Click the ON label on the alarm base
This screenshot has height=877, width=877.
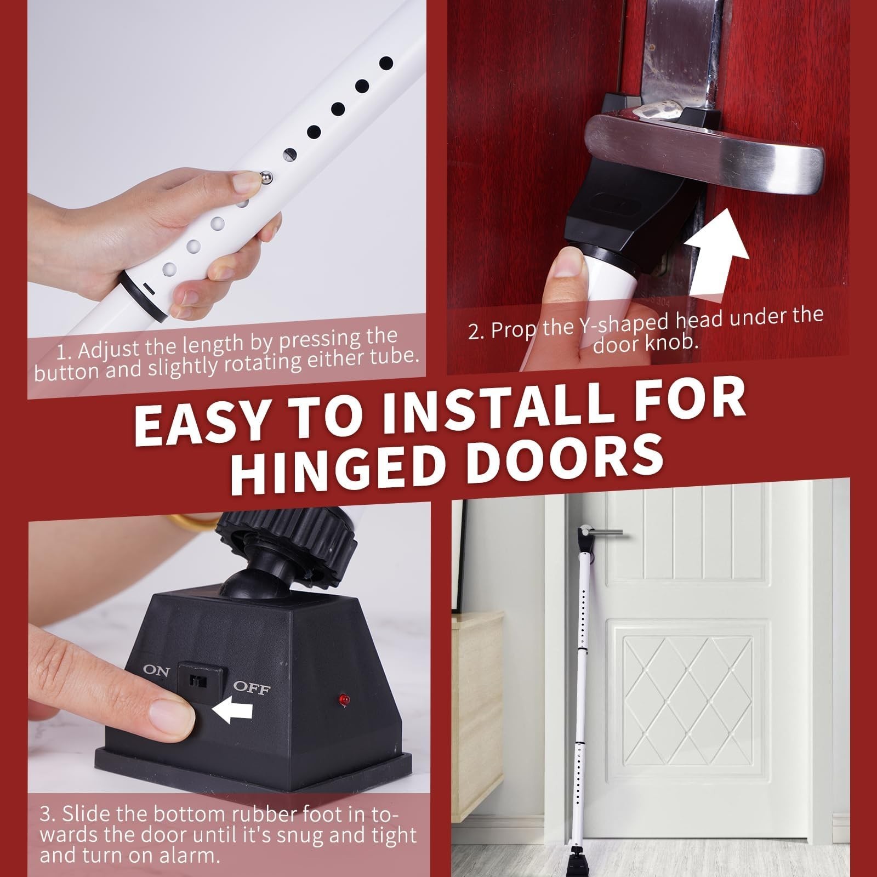click(156, 671)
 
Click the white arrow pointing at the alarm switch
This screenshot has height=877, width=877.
click(232, 711)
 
